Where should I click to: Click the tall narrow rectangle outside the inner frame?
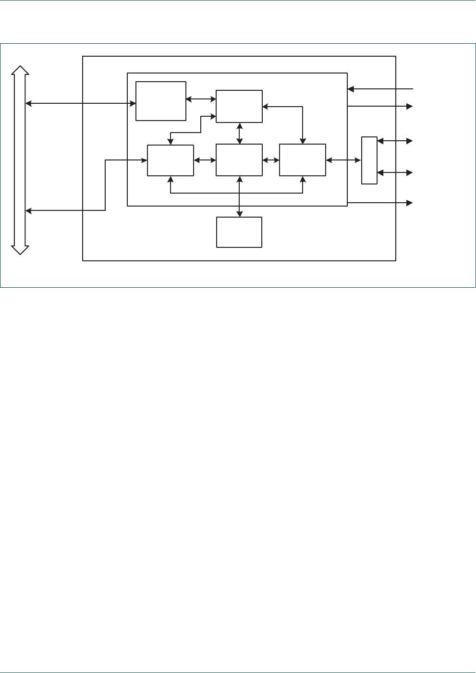click(369, 160)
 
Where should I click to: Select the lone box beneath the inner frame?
click(239, 232)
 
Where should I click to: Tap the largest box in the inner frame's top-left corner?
click(161, 101)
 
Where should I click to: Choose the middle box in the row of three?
click(239, 160)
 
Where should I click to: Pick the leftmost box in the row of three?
click(171, 160)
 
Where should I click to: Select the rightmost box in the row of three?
click(303, 160)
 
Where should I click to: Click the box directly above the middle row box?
click(239, 106)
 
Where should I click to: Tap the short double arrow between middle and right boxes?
click(271, 160)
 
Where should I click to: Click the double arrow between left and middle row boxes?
click(205, 160)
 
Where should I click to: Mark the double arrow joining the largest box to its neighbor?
click(201, 99)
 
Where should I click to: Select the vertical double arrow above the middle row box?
click(239, 133)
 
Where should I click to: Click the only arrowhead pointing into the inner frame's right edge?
click(351, 89)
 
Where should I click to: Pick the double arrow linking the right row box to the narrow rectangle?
click(343, 160)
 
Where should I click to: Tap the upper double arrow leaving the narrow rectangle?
click(395, 141)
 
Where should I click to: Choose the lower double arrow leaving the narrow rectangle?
click(395, 172)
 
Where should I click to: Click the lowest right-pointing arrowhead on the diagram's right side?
click(409, 203)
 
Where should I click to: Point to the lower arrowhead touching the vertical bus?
click(28, 210)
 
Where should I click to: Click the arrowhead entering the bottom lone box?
click(239, 214)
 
